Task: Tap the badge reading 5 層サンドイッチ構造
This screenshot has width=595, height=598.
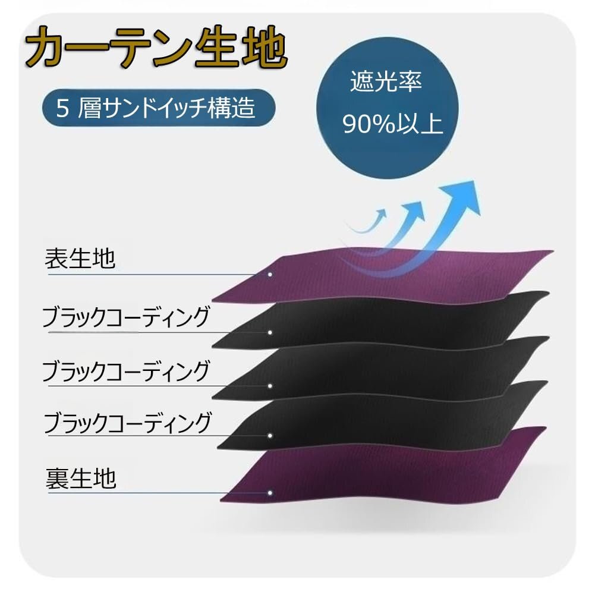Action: (x=158, y=109)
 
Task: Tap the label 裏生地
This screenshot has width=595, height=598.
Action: (x=81, y=478)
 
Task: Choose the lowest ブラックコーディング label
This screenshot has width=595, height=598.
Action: (x=127, y=423)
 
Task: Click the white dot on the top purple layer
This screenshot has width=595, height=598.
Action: (x=270, y=275)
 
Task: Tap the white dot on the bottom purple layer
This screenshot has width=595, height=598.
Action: (x=270, y=492)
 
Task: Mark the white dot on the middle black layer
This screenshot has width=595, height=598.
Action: (x=270, y=386)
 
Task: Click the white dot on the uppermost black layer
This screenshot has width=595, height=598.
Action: (x=270, y=332)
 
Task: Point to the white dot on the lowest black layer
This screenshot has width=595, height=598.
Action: (x=270, y=436)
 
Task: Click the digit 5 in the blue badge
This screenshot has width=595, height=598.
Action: (x=61, y=109)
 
